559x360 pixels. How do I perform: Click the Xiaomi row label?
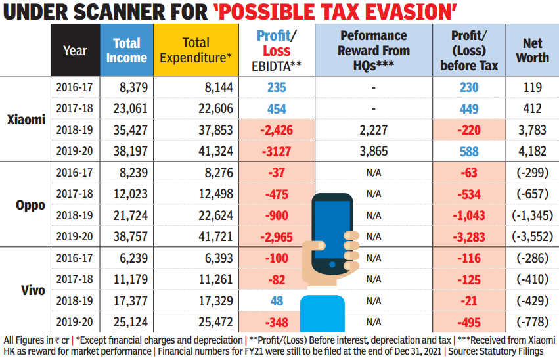click(26, 119)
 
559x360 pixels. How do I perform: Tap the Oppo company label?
click(30, 204)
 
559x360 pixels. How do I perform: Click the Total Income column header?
click(127, 51)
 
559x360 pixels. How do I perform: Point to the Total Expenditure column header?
click(196, 51)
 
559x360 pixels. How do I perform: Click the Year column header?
click(75, 51)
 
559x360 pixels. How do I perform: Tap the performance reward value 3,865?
click(372, 151)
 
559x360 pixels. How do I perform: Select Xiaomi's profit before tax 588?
click(470, 151)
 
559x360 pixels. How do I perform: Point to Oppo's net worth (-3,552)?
click(532, 236)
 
